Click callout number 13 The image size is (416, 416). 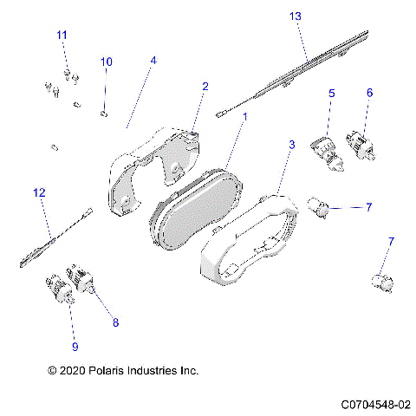coord(296,16)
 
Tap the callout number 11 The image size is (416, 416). coord(62,35)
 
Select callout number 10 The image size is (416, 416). coord(107,62)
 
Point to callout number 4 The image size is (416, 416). coord(153,61)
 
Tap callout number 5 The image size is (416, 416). coord(331,93)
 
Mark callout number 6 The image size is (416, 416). coord(369,93)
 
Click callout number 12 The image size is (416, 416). coord(38,192)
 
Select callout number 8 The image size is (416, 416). coord(115,322)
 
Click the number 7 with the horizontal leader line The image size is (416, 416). coord(368,207)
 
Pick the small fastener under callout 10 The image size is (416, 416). coord(105,112)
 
